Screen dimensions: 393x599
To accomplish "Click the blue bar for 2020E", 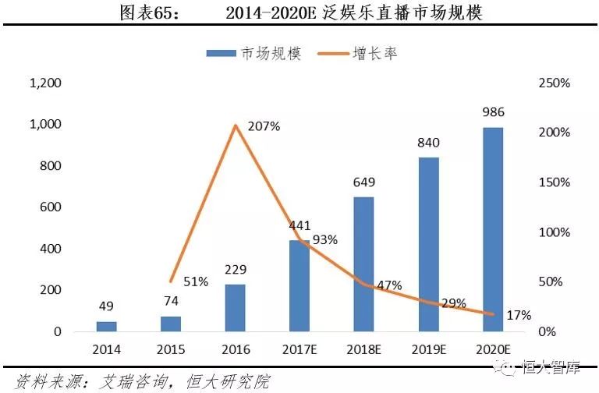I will [492, 229].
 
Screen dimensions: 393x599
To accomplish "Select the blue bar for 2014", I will [108, 326].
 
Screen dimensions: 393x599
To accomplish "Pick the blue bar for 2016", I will [236, 307].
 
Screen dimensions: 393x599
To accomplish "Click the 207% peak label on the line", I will [263, 126].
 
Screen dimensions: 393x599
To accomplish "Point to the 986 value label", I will [493, 112].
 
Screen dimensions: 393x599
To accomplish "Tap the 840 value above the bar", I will [428, 143].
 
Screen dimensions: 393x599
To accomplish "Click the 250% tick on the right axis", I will [556, 83].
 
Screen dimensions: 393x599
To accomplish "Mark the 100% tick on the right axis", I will [556, 232].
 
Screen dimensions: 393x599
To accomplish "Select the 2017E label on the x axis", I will [300, 349].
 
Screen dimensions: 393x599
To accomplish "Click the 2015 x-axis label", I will [172, 349].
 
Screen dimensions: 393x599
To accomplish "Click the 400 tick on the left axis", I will [51, 249].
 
